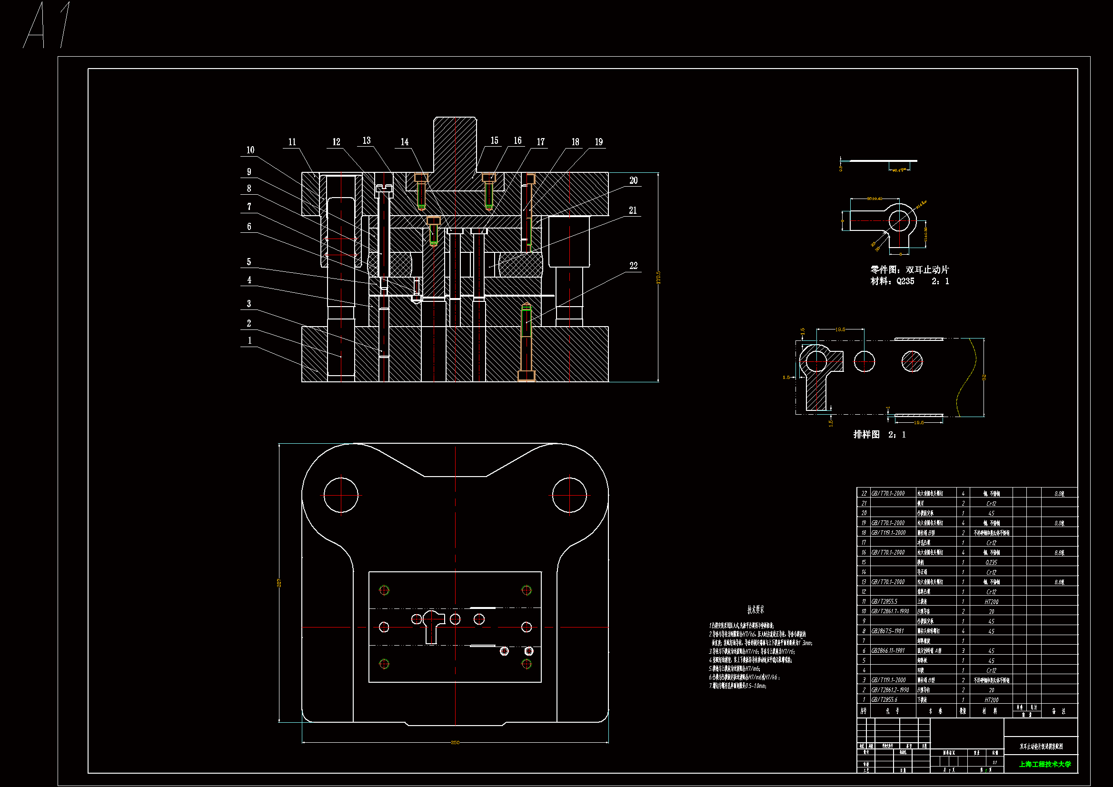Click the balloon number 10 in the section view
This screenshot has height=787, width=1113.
pyautogui.click(x=250, y=150)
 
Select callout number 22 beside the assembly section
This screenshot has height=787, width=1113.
pyautogui.click(x=633, y=266)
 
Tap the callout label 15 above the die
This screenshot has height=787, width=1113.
pyautogui.click(x=494, y=140)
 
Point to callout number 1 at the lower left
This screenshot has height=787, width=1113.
pyautogui.click(x=249, y=340)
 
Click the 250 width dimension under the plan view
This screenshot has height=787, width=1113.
pyautogui.click(x=455, y=742)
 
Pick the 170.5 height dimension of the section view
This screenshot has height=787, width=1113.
pyautogui.click(x=658, y=278)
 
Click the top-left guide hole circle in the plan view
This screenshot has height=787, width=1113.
pyautogui.click(x=341, y=495)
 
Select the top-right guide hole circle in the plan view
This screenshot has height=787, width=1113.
pyautogui.click(x=569, y=495)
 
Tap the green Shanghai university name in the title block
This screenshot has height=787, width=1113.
pyautogui.click(x=1044, y=764)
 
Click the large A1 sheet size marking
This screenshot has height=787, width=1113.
pyautogui.click(x=49, y=25)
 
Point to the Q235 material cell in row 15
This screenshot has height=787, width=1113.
pyautogui.click(x=991, y=562)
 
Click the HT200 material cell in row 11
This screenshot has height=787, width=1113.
pyautogui.click(x=991, y=602)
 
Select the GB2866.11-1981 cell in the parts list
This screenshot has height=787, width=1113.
pyautogui.click(x=887, y=651)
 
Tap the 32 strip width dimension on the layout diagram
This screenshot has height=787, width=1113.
pyautogui.click(x=984, y=377)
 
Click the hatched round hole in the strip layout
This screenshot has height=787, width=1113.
pyautogui.click(x=912, y=361)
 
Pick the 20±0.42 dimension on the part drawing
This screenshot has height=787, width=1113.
pyautogui.click(x=874, y=199)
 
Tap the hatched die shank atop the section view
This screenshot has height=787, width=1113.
pyautogui.click(x=455, y=146)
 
